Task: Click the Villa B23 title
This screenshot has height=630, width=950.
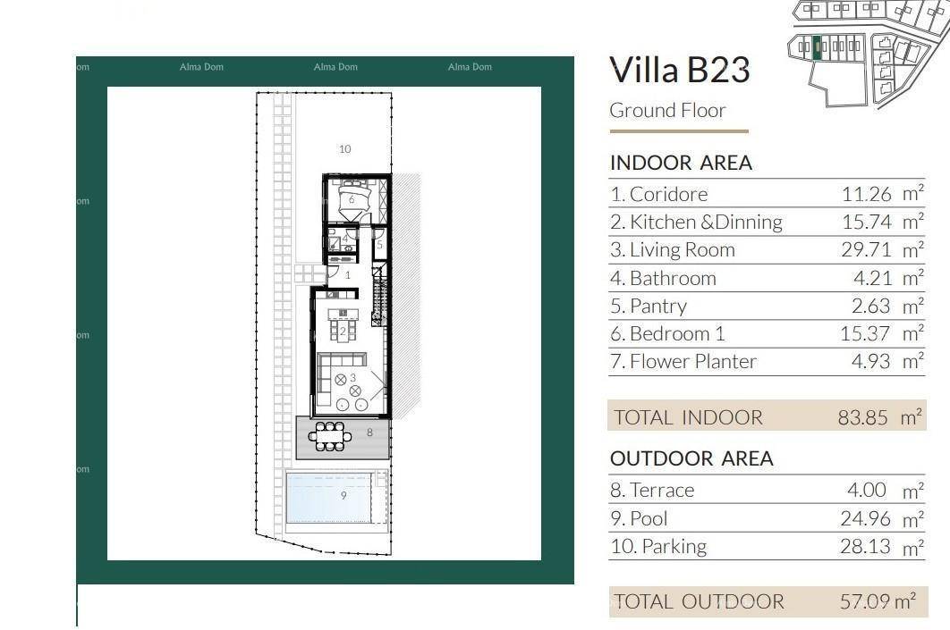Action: (x=680, y=69)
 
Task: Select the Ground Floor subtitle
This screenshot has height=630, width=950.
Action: (x=667, y=110)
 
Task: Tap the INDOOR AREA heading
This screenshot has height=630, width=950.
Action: (x=681, y=162)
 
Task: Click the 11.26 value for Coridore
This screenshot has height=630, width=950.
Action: (x=867, y=194)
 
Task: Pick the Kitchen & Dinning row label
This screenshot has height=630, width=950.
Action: (x=696, y=223)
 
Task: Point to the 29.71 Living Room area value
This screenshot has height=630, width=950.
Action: (x=867, y=249)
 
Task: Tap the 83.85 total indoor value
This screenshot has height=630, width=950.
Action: (x=862, y=417)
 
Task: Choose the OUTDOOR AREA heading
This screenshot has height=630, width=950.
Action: (x=691, y=458)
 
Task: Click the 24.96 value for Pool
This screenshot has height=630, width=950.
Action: (x=866, y=518)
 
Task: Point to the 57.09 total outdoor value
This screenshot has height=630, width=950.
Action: (x=865, y=601)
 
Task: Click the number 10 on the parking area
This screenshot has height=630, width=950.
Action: (x=344, y=149)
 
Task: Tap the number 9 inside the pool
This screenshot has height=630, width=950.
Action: (x=344, y=496)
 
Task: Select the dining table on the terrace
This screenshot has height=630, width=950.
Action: (x=329, y=436)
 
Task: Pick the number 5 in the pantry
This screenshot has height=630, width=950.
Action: (x=379, y=245)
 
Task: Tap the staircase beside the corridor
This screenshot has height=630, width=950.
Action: (x=379, y=295)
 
